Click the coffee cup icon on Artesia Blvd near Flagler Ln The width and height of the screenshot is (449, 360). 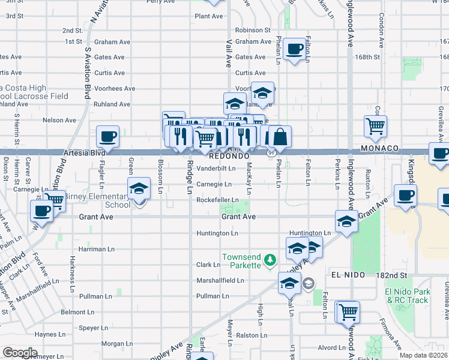click(107, 136)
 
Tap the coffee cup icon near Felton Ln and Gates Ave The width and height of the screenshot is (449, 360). click(294, 49)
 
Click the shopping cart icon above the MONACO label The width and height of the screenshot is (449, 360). click(375, 125)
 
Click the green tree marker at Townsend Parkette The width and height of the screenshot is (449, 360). click(270, 260)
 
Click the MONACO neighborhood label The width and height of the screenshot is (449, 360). click(380, 148)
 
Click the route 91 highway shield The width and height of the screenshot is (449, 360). click(271, 154)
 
